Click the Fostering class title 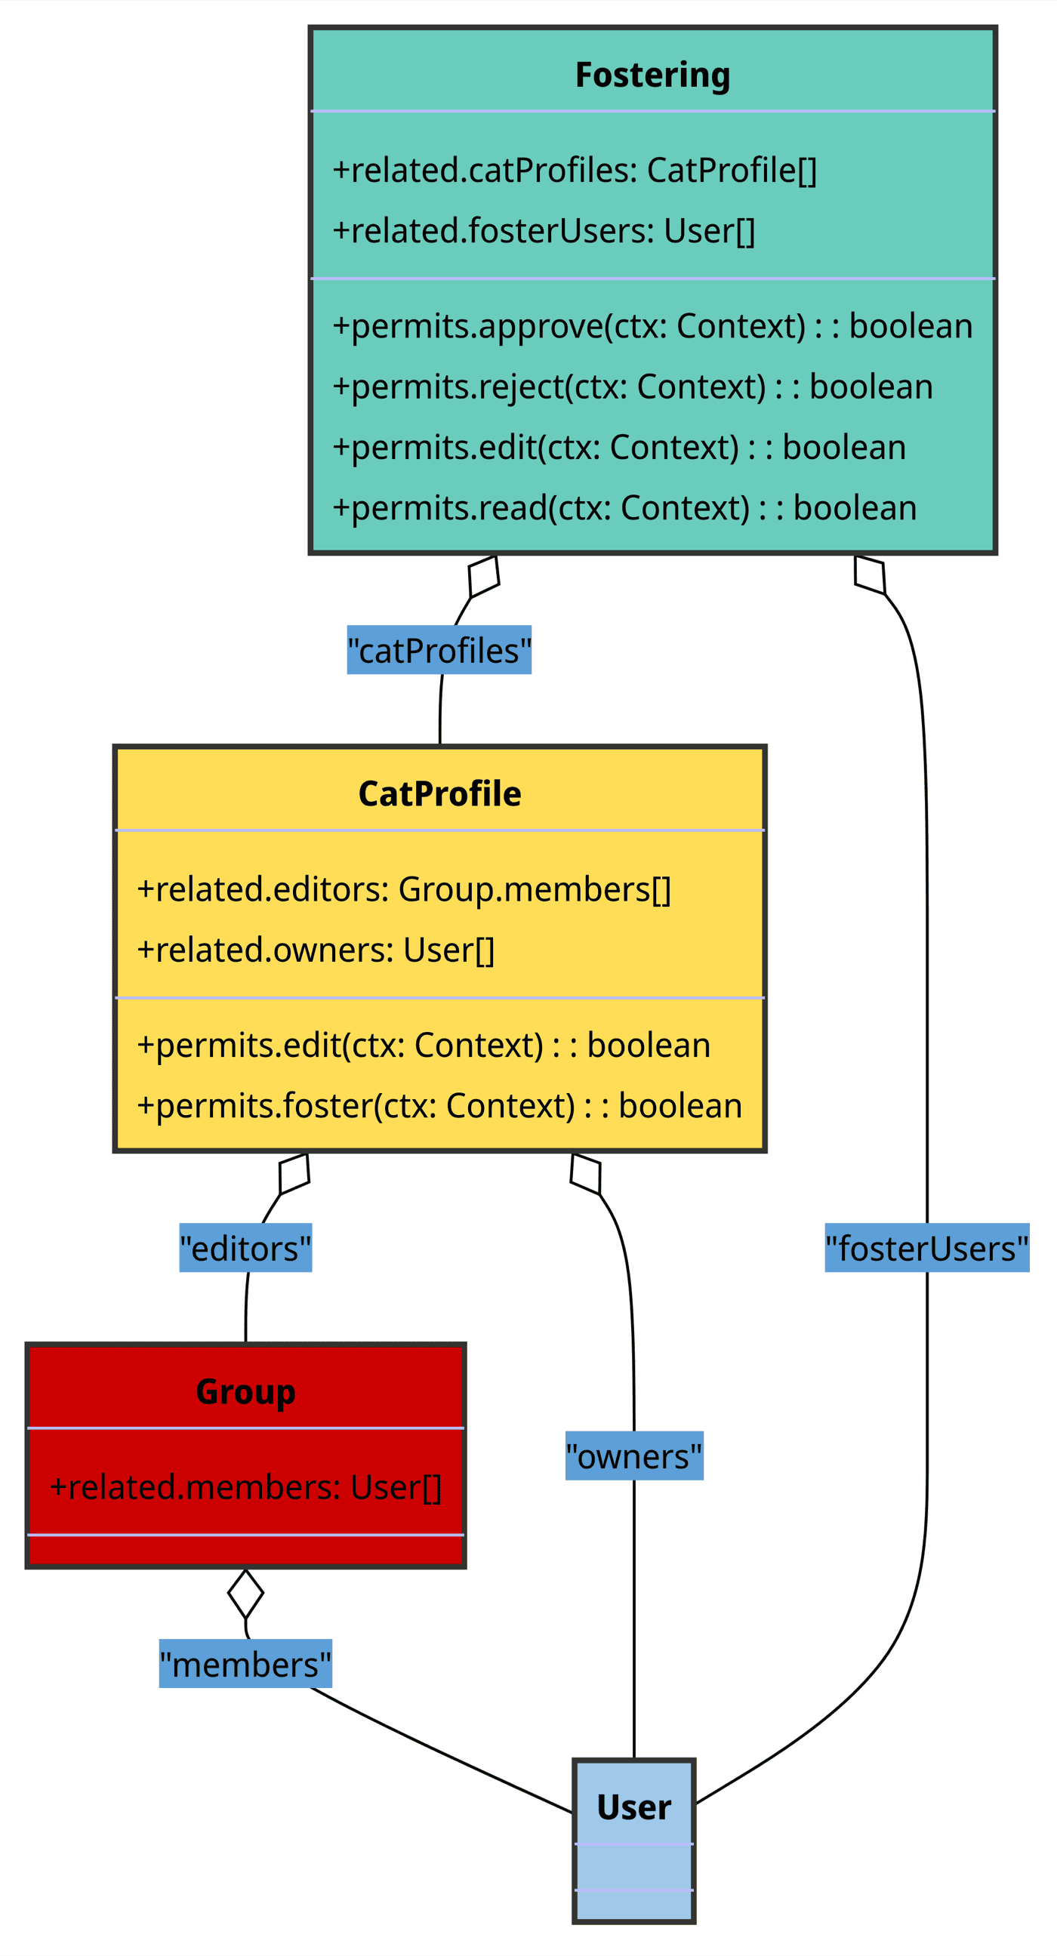652,75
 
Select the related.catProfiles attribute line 575,170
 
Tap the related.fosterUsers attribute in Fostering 544,231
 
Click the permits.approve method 652,325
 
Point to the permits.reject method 633,387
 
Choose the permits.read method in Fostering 624,508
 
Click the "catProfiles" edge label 439,650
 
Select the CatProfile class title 439,793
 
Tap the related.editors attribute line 404,889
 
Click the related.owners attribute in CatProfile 316,950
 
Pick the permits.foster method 439,1105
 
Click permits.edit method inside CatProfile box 424,1045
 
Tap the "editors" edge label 245,1249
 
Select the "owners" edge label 634,1456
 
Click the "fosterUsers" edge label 926,1249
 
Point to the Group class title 245,1391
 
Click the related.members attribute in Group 245,1486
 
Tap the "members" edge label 245,1665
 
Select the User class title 634,1807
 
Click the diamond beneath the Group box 245,1594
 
